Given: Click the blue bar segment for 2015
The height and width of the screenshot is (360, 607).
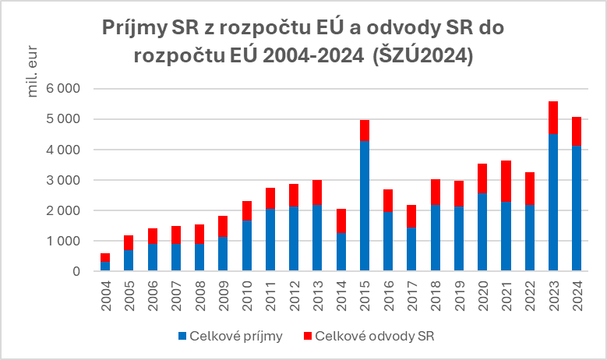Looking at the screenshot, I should (x=364, y=206).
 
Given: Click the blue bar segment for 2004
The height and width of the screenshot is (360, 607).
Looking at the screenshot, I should (x=104, y=266).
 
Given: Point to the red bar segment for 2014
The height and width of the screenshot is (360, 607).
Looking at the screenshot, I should (x=341, y=221).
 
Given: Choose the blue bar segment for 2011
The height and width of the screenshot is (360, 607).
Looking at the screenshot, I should (x=270, y=240).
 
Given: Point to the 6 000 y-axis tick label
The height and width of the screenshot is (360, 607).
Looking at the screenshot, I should (x=64, y=89).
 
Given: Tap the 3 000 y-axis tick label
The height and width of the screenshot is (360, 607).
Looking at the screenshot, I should (x=64, y=180).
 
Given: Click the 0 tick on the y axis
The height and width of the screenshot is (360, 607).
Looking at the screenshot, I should (x=76, y=271).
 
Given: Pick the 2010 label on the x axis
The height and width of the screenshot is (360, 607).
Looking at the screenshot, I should (x=246, y=294).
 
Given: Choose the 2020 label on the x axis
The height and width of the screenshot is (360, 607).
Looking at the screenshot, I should (x=482, y=294).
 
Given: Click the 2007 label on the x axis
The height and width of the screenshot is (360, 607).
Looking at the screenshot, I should (x=175, y=294).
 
